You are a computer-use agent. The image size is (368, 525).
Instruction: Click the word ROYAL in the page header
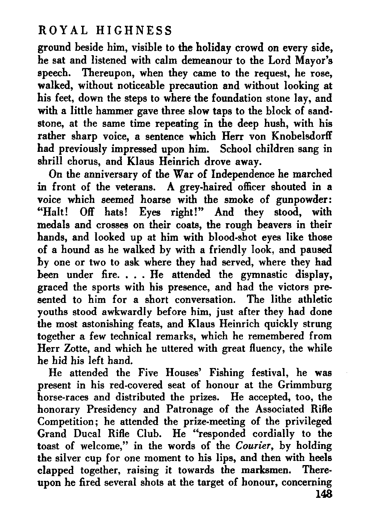coord(58,31)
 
